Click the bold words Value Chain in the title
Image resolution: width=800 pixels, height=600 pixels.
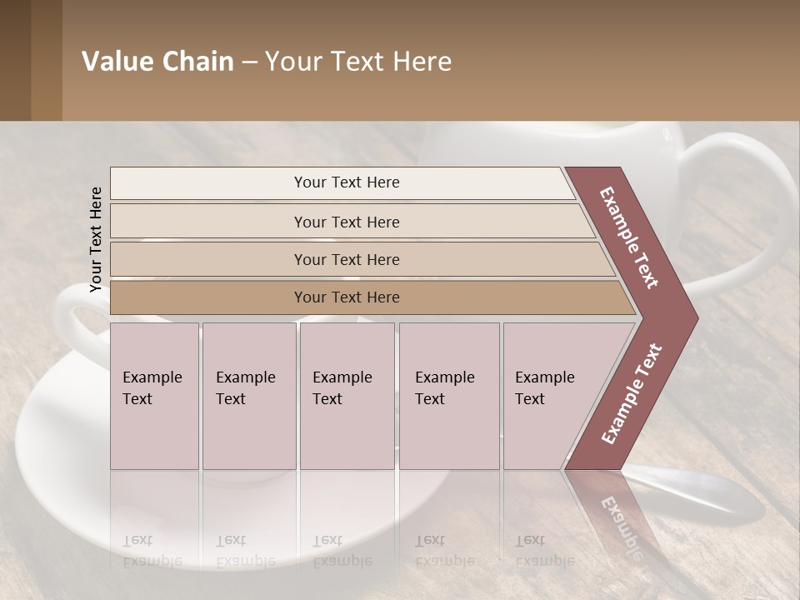coord(157,62)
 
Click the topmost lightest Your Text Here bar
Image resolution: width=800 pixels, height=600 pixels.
coord(346,182)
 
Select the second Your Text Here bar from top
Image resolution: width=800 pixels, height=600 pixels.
coord(346,222)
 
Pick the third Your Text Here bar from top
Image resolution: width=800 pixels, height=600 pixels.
coord(346,259)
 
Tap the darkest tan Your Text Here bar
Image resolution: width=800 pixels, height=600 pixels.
coord(346,297)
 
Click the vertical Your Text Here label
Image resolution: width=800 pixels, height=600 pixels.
coord(97,239)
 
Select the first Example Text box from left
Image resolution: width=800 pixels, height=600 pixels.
coord(154,395)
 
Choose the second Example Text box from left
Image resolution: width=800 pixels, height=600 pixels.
coord(248,395)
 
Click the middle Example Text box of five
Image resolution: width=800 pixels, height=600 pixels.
coord(347,395)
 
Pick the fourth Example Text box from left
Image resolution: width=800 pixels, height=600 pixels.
coord(448,395)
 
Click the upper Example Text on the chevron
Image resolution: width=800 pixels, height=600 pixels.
coord(630,237)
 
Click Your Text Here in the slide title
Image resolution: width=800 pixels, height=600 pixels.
coord(358,62)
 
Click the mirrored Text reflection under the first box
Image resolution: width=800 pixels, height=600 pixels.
coord(137,540)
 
